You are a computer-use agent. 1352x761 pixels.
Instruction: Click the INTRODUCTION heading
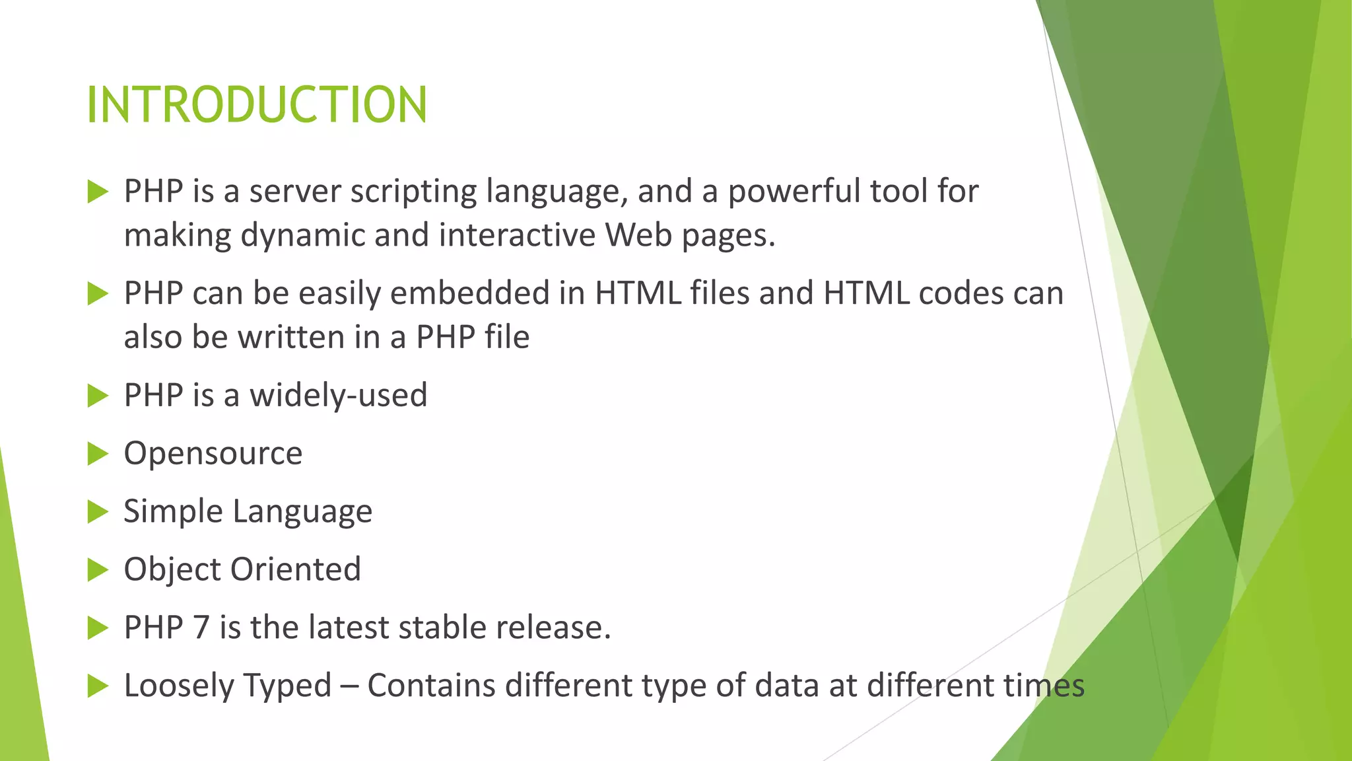tap(257, 105)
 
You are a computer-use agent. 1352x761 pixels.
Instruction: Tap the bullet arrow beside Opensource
tap(97, 454)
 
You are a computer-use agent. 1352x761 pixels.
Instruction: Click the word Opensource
tap(213, 454)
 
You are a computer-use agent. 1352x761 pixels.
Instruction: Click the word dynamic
tap(302, 236)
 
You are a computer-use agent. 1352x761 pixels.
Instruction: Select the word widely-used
tap(338, 396)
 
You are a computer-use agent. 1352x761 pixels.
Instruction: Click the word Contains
tap(431, 685)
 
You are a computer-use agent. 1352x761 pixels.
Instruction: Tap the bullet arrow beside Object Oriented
tap(97, 570)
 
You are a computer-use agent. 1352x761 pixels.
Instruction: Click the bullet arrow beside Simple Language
tap(97, 512)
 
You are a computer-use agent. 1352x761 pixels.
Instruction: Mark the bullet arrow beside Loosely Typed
tap(97, 686)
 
